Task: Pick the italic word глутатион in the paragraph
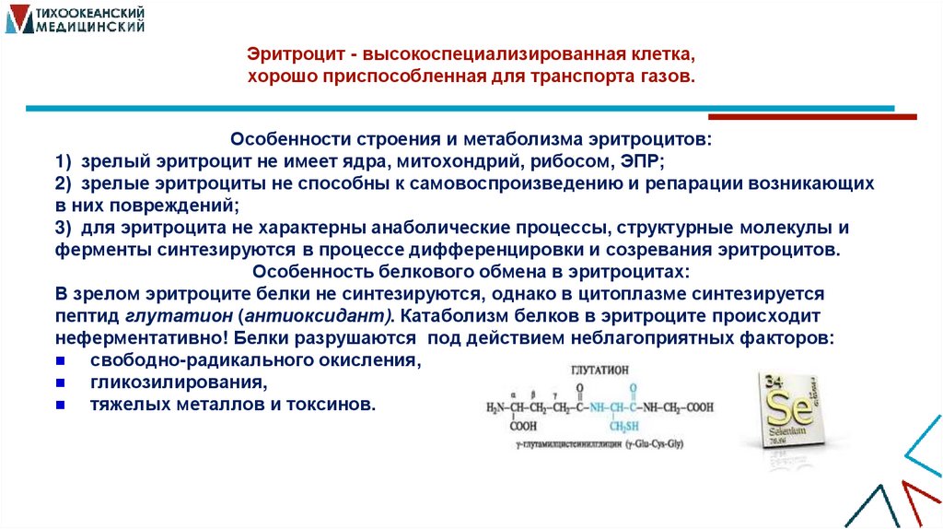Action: pyautogui.click(x=165, y=316)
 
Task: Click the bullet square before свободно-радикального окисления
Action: pyautogui.click(x=60, y=361)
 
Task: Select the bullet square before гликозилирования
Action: pyautogui.click(x=60, y=382)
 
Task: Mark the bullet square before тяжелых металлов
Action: pyautogui.click(x=60, y=405)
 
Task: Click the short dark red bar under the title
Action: pyautogui.click(x=811, y=117)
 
